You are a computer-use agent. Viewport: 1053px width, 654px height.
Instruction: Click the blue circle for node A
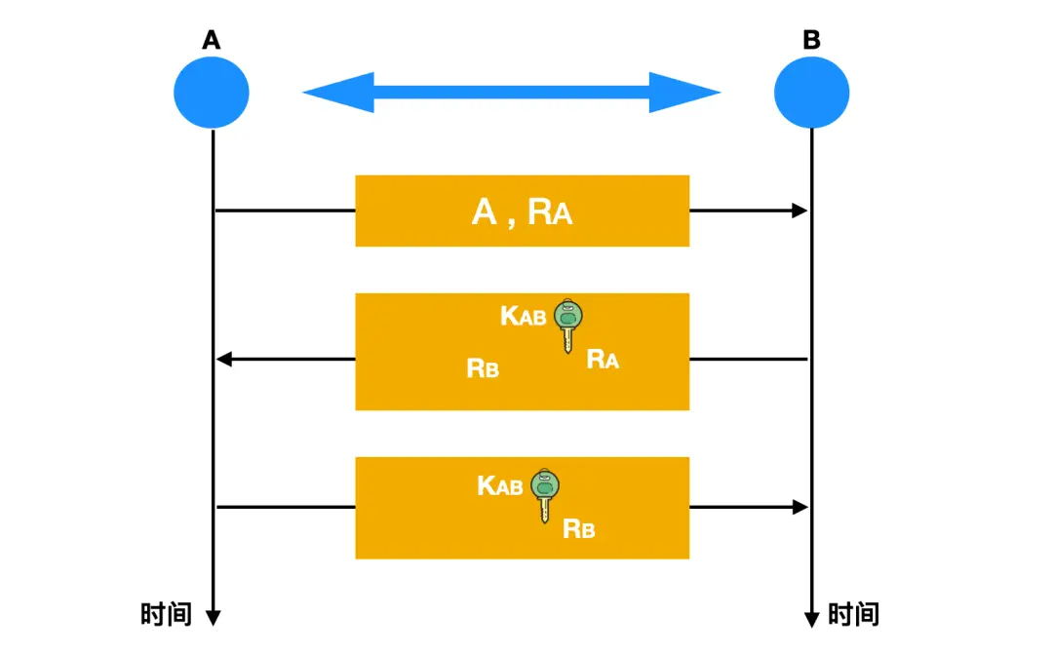[x=212, y=93]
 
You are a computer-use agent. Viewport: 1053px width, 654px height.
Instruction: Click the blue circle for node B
[x=811, y=93]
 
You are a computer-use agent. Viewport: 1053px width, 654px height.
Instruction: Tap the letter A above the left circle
[x=212, y=41]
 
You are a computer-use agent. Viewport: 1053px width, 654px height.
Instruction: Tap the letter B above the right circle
[x=811, y=41]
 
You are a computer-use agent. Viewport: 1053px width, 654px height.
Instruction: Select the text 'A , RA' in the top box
[x=522, y=212]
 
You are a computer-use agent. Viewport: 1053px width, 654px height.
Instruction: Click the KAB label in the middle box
[x=524, y=316]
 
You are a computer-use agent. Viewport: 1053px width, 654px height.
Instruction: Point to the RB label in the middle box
[x=483, y=368]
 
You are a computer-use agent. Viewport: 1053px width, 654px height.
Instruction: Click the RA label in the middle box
[x=603, y=360]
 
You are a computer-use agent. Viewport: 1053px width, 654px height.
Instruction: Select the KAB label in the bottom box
[x=500, y=485]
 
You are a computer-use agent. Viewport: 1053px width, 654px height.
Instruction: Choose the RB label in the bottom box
[x=579, y=529]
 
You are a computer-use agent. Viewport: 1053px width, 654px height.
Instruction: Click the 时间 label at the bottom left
[x=167, y=614]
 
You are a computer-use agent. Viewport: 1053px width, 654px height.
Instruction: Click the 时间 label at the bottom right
[x=853, y=614]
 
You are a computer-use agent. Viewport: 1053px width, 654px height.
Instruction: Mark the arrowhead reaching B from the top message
[x=800, y=211]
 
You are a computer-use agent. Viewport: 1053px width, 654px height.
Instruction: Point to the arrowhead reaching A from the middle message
[x=223, y=360]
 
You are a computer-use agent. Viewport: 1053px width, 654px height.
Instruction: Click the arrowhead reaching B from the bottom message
[x=800, y=507]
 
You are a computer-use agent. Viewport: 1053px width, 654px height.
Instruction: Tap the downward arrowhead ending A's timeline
[x=213, y=618]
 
